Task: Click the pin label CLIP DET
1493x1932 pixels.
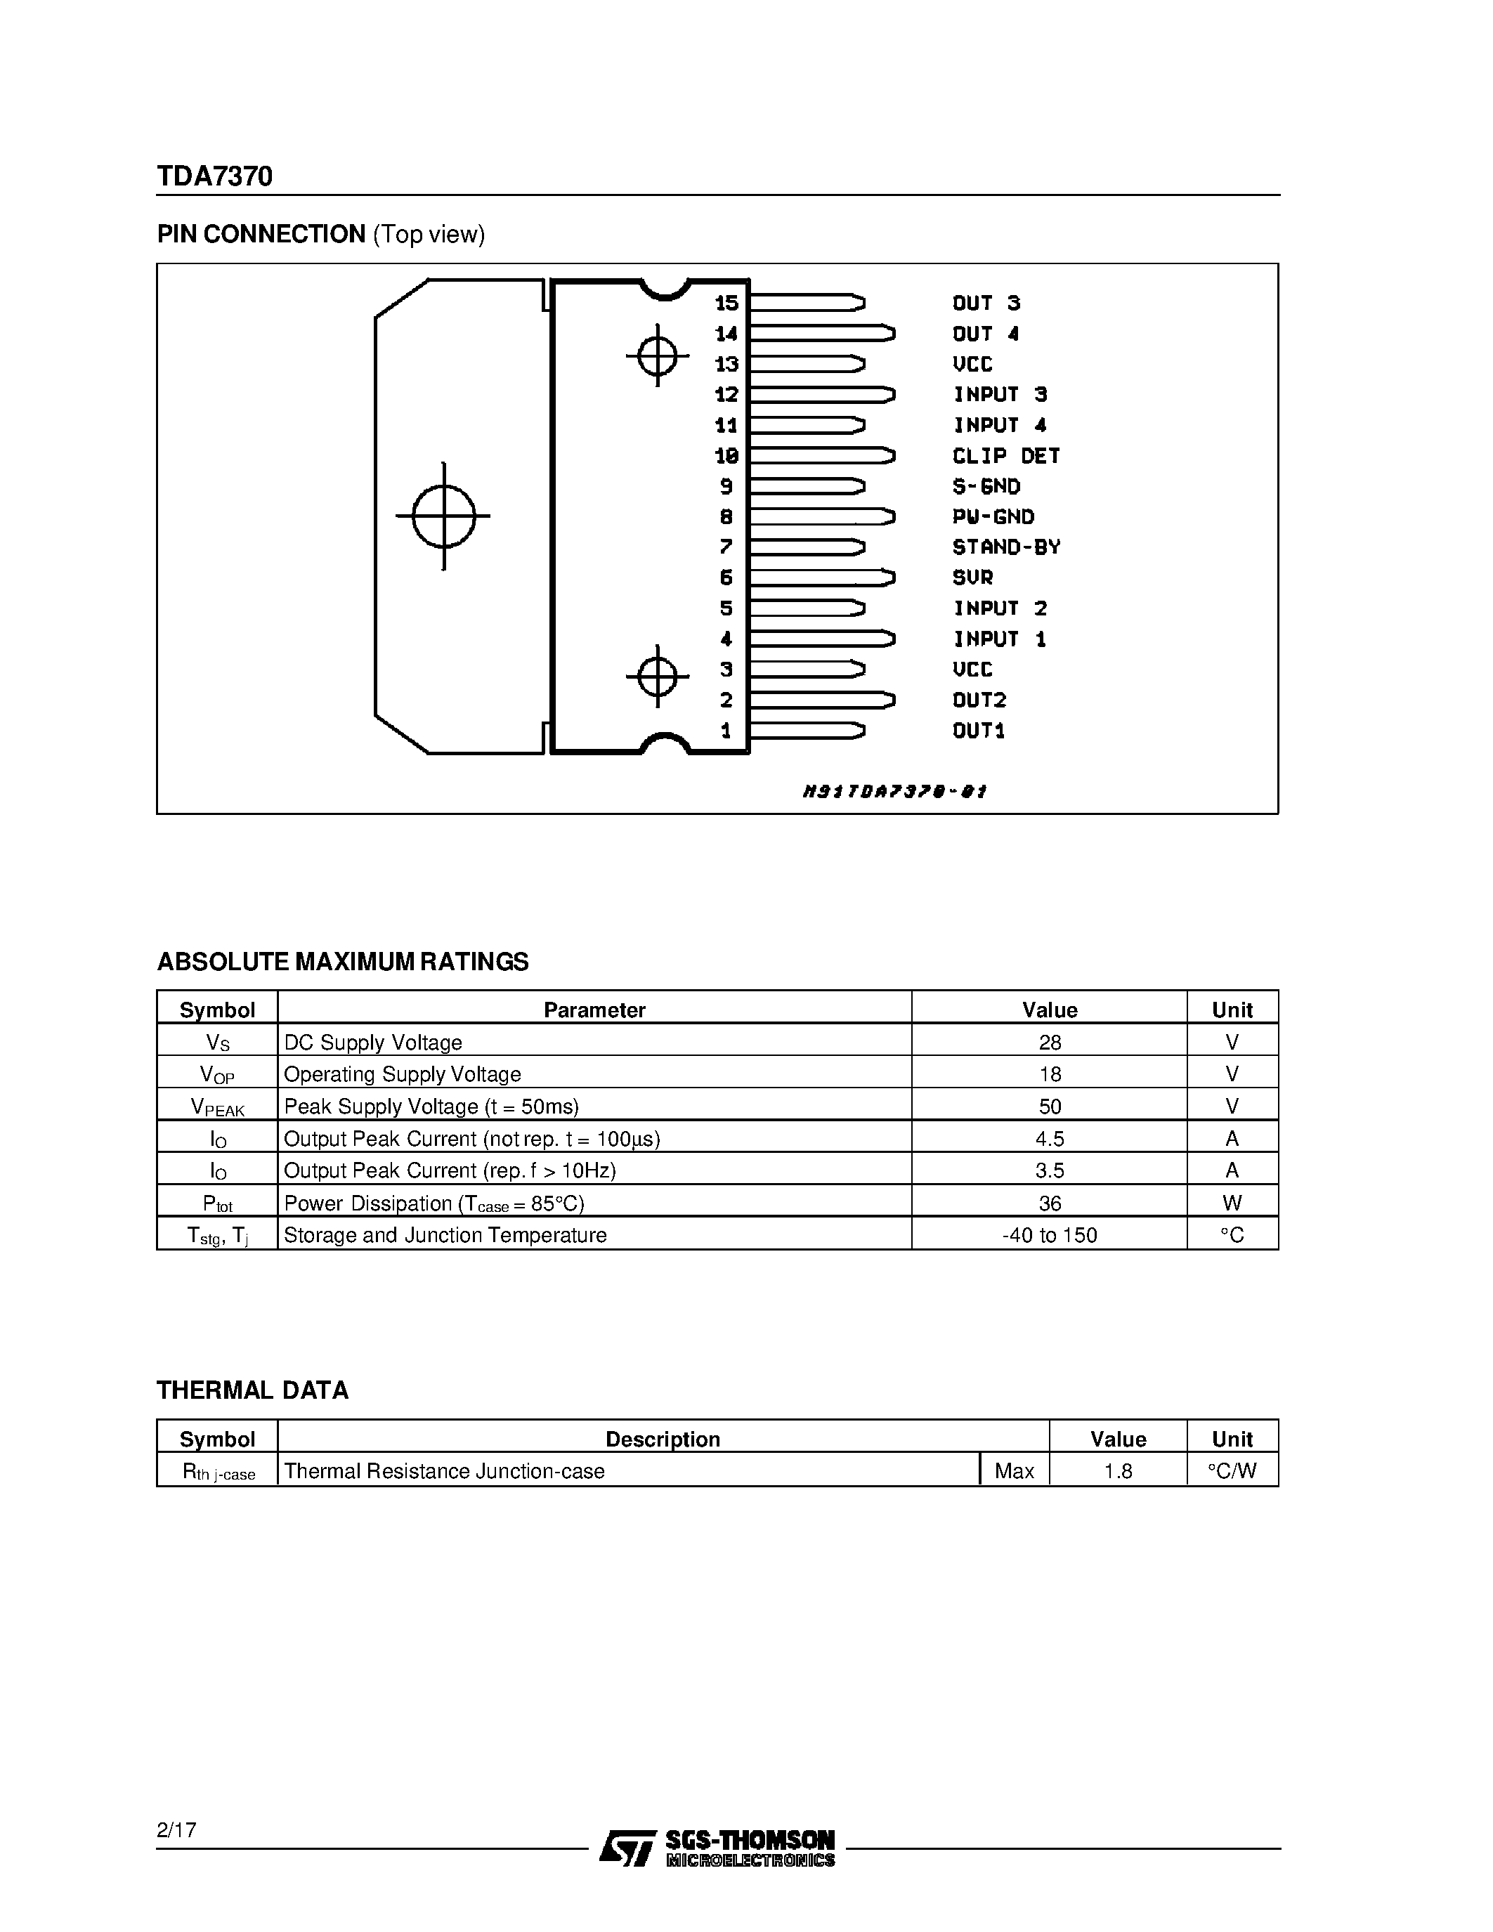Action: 1005,455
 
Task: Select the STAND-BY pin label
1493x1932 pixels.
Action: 1005,547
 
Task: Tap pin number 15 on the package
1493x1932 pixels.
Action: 726,303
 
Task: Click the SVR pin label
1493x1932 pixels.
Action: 972,577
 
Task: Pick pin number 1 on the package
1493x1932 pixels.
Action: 726,731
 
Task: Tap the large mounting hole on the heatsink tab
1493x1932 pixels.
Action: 444,516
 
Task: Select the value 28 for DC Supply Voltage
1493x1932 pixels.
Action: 1050,1042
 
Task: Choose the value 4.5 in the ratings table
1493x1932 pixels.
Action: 1050,1139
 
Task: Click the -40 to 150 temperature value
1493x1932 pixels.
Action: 1050,1235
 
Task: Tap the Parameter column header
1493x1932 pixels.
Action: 594,1010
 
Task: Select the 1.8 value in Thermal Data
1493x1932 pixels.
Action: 1118,1471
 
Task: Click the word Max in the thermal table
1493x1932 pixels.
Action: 1015,1471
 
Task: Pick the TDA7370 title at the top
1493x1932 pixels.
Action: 215,177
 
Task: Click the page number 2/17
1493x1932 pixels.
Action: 177,1829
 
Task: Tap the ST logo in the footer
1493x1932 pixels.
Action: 627,1848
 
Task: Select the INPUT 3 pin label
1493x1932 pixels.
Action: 1000,395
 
